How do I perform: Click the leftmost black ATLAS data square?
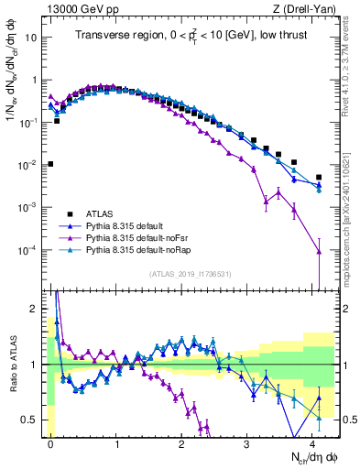50,164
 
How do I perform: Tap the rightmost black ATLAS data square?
319,177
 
